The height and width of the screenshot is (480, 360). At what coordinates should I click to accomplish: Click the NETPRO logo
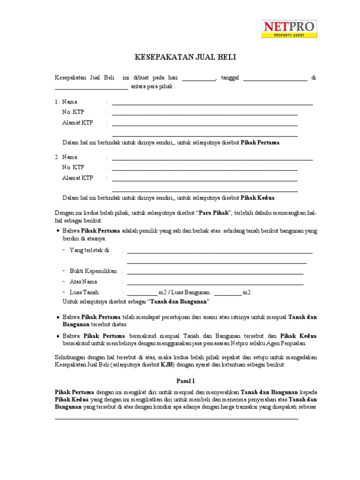coord(289,29)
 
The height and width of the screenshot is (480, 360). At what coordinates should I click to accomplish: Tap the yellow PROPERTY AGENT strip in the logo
coord(289,35)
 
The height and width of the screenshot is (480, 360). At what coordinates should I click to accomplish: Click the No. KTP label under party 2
coord(73,167)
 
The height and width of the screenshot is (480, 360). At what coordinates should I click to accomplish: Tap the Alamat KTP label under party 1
coord(77,123)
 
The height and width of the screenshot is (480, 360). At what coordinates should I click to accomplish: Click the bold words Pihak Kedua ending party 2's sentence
coord(257,197)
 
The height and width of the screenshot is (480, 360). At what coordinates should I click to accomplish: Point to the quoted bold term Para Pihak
coord(214,213)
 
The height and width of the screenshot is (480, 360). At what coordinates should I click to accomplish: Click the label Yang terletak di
coord(89,250)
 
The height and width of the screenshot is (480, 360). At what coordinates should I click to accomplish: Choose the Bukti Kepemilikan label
coord(93,271)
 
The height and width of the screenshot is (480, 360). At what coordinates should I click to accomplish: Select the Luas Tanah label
coord(84,292)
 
